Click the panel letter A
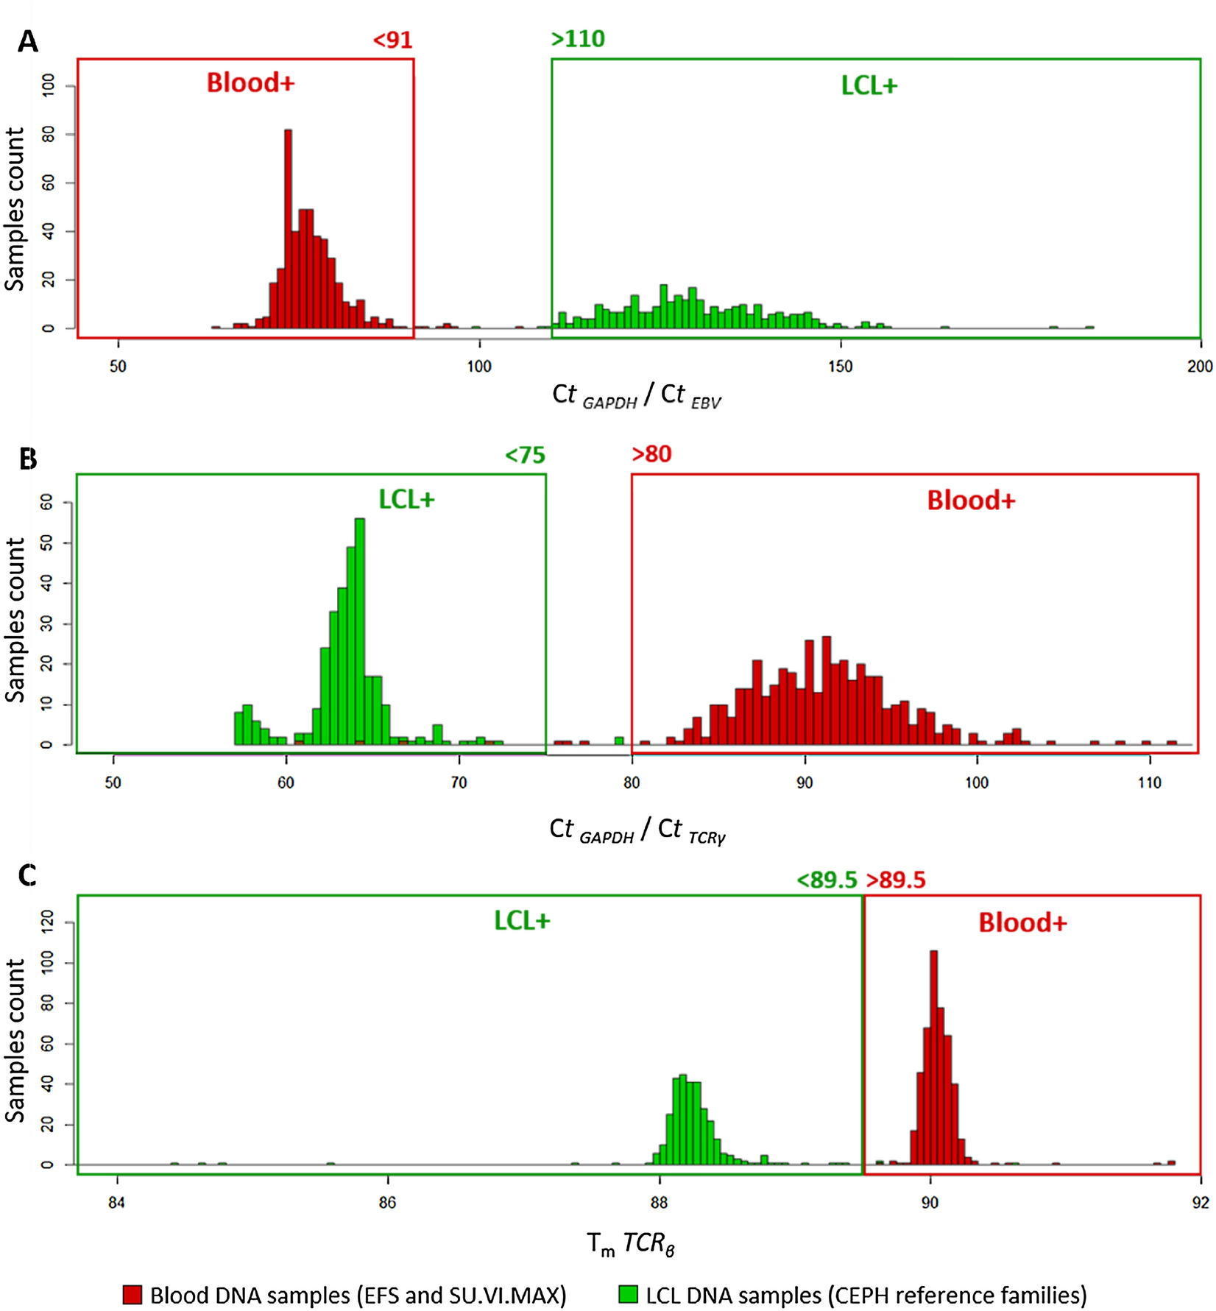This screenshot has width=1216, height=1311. coord(28,42)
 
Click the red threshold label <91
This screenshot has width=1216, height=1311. coord(392,39)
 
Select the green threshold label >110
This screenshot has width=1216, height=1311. coord(578,38)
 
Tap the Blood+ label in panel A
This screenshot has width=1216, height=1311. coord(250,82)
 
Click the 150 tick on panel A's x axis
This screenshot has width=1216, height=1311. coord(840,367)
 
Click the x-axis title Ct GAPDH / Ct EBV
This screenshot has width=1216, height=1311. coord(637,396)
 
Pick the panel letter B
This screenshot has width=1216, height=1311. coord(28,459)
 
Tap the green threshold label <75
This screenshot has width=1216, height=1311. coord(525,455)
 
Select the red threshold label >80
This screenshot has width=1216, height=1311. coord(651,454)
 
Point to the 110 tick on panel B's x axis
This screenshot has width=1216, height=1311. coord(1149,783)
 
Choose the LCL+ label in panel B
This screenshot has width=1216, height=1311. coord(406,500)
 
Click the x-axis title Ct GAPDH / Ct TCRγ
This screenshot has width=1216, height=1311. coord(637,830)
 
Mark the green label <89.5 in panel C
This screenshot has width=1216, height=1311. coord(827,880)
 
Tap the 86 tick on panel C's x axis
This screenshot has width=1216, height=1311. coord(387,1203)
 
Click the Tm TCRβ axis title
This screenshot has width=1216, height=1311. coord(631,1244)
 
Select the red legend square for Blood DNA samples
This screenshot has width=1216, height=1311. coord(132,1295)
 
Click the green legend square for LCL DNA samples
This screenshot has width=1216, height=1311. coord(629,1295)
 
